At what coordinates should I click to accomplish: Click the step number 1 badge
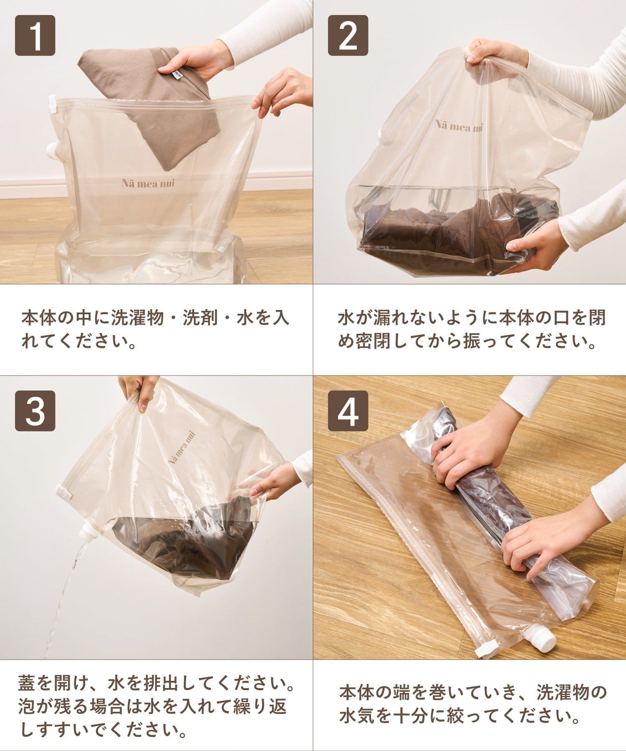35,35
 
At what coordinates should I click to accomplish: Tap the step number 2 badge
348,35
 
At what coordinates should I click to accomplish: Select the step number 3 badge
35,411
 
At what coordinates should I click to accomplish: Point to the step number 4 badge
348,411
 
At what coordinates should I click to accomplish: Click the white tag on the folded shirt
176,74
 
